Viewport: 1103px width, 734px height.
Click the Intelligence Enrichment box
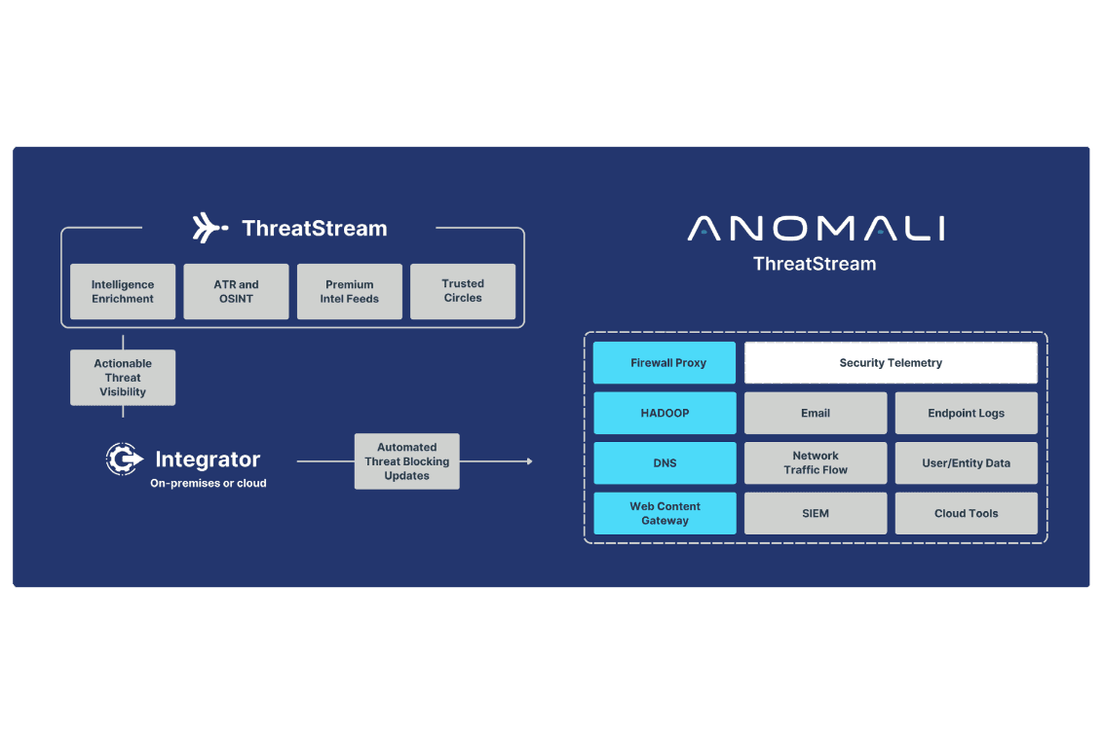click(x=123, y=291)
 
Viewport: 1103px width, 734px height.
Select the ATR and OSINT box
click(x=236, y=291)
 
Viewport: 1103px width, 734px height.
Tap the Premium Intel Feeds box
click(x=350, y=291)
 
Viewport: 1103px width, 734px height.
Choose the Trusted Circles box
click(x=463, y=291)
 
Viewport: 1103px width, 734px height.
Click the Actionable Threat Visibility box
click(x=123, y=378)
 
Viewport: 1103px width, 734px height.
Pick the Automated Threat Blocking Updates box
click(x=406, y=461)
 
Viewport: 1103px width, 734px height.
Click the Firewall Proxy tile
click(x=665, y=363)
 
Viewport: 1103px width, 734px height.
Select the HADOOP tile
click(x=665, y=413)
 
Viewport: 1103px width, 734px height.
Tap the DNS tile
click(x=665, y=462)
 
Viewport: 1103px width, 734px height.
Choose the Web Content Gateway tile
click(x=665, y=513)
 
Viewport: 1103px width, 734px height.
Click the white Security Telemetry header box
click(x=891, y=363)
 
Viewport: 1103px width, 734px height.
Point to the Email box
click(x=816, y=413)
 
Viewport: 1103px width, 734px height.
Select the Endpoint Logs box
click(x=966, y=413)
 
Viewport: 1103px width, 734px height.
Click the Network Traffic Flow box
click(x=816, y=462)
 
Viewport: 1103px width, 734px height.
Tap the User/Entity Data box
click(x=966, y=462)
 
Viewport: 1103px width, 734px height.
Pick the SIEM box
click(x=816, y=513)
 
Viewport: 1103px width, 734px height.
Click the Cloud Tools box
click(x=966, y=513)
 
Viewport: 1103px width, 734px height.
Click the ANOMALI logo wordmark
click(x=816, y=229)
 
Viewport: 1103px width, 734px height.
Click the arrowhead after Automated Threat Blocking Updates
click(x=530, y=461)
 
